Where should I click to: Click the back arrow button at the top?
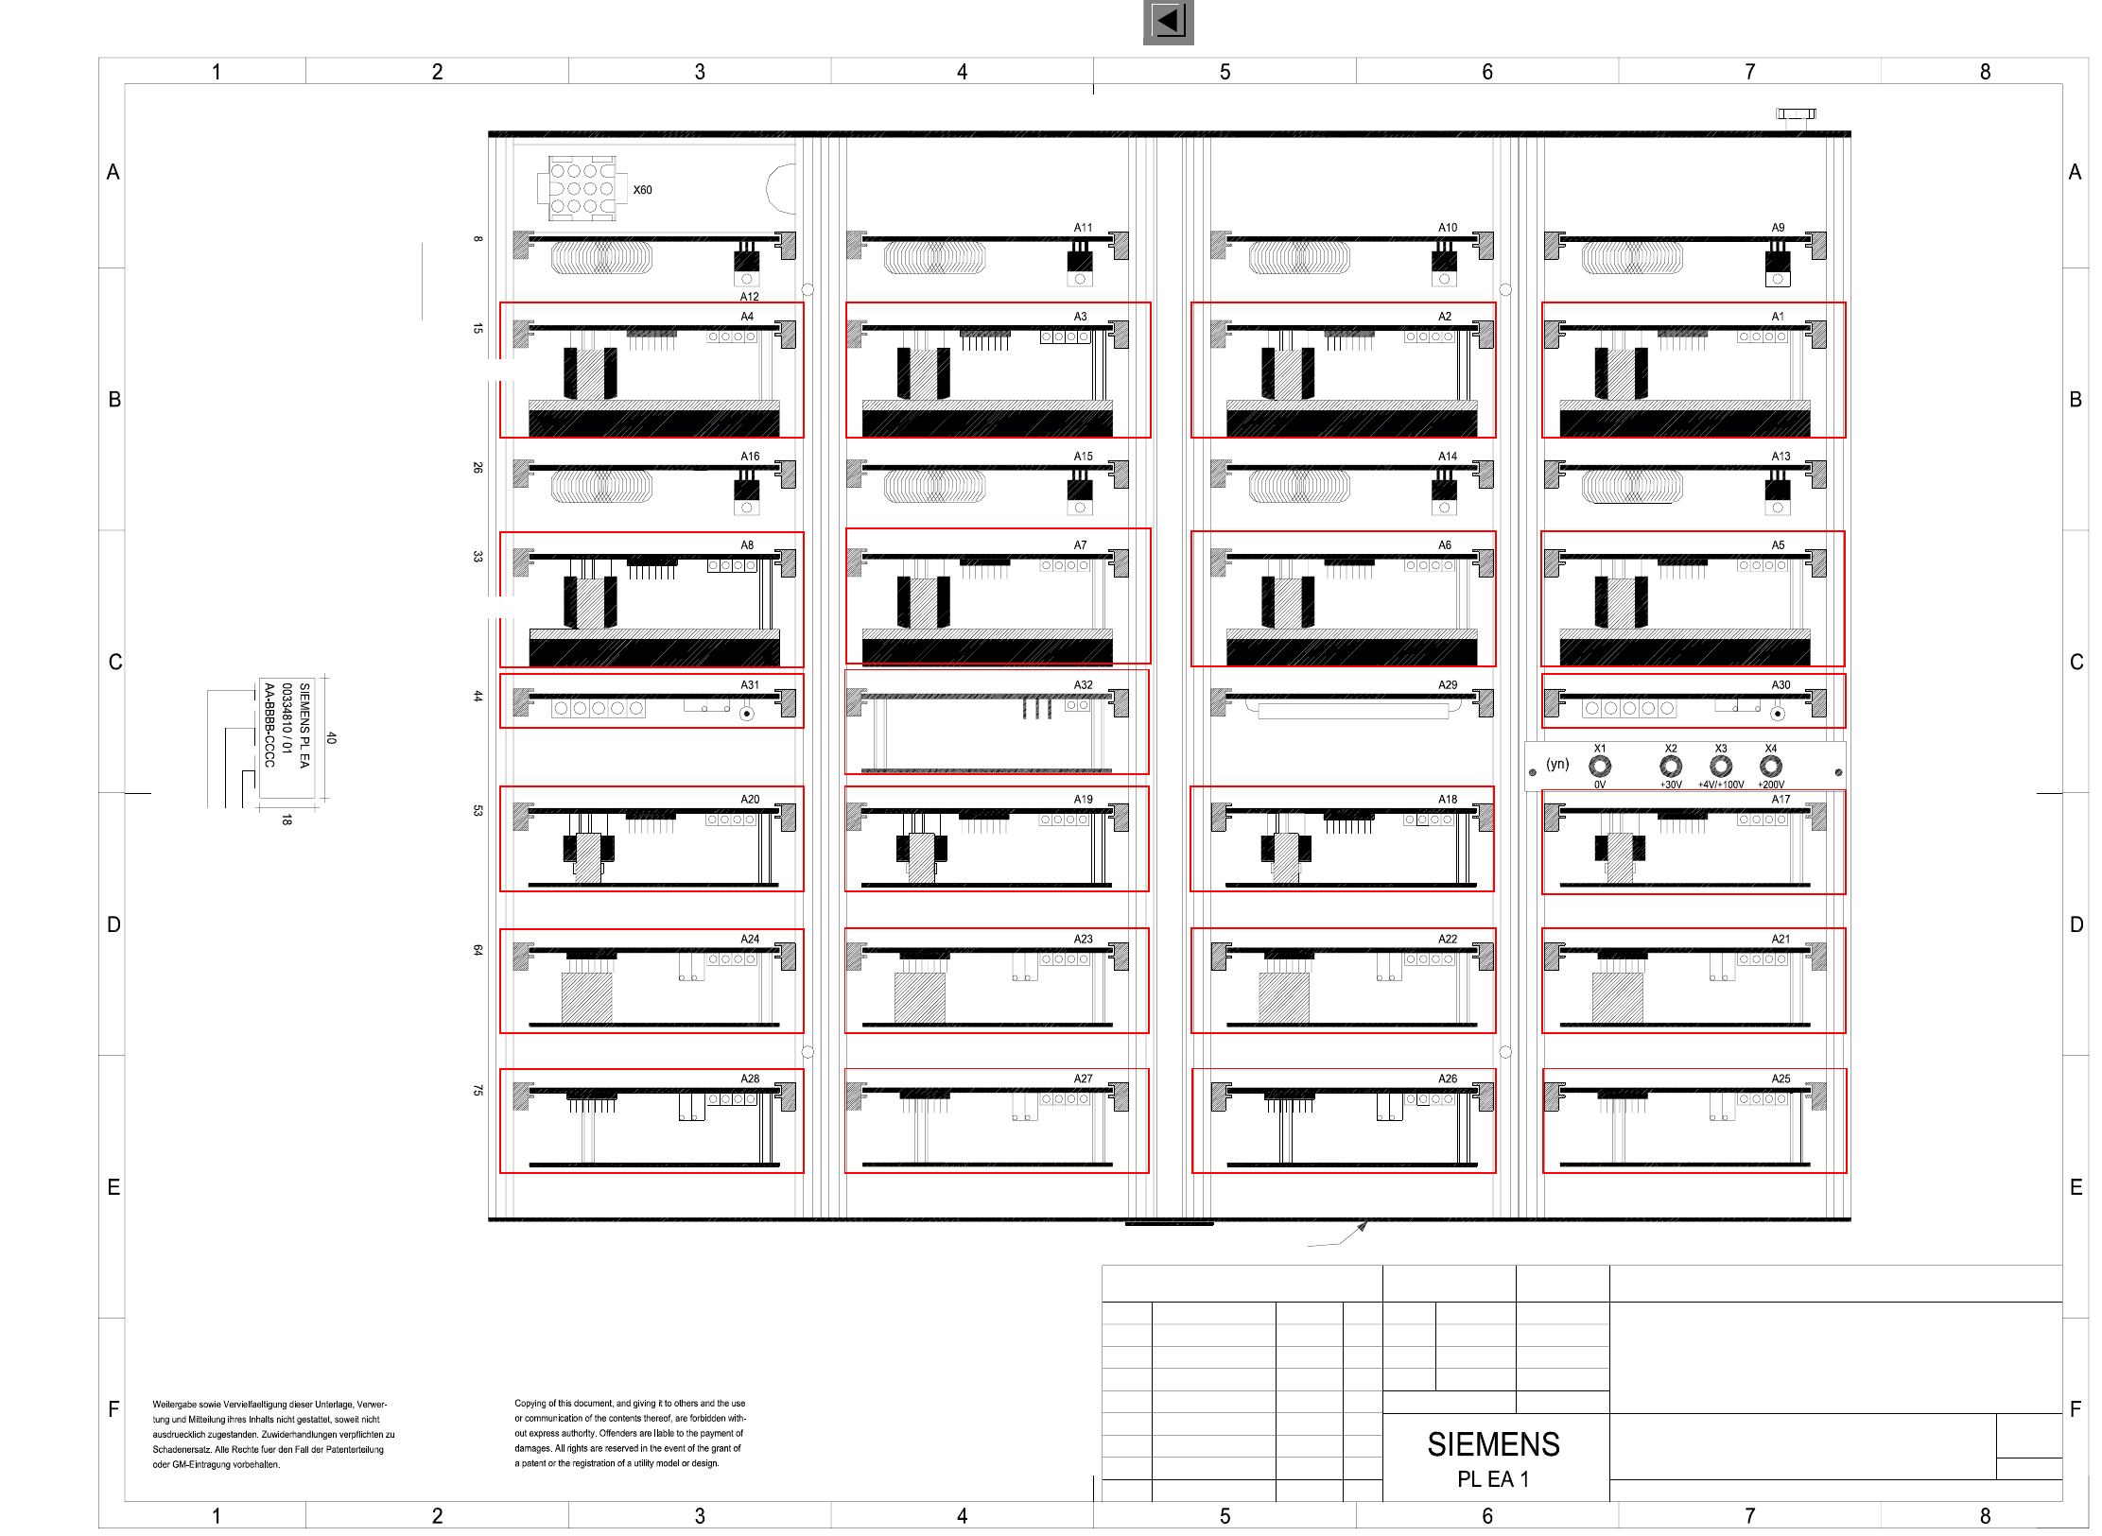[x=1168, y=22]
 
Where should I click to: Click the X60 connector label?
[x=642, y=190]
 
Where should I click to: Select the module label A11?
[x=1083, y=228]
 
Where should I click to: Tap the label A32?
[x=1083, y=685]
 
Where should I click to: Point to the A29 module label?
[x=1448, y=685]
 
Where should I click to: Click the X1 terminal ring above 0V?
[x=1600, y=766]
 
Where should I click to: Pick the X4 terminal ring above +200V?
[x=1771, y=766]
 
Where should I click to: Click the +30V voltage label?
[x=1671, y=785]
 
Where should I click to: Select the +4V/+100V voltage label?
[x=1721, y=785]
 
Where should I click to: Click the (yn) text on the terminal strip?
[x=1557, y=764]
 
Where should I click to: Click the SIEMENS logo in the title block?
[x=1493, y=1444]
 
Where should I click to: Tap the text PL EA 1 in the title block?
[x=1493, y=1479]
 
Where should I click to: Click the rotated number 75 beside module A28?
[x=478, y=1091]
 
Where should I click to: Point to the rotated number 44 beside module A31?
[x=478, y=697]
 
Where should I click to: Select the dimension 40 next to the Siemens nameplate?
[x=331, y=738]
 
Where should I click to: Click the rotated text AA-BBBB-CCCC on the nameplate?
[x=269, y=725]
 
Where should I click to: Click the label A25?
[x=1781, y=1079]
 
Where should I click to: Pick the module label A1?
[x=1778, y=317]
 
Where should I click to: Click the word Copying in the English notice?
[x=530, y=1404]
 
